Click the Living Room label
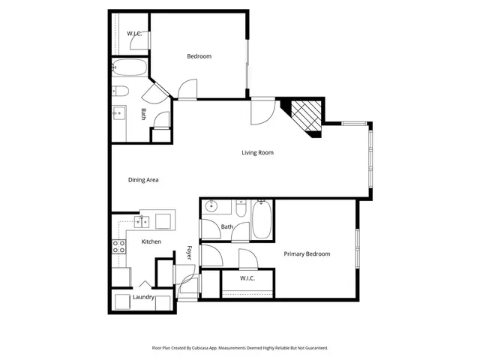(x=257, y=153)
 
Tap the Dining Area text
(x=142, y=180)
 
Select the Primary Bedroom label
(x=307, y=254)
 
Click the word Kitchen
(x=151, y=241)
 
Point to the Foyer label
(x=190, y=253)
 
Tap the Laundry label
(x=143, y=298)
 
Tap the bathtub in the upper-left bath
(x=130, y=70)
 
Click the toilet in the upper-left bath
(x=119, y=91)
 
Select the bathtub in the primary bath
(x=261, y=220)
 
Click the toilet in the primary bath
(x=241, y=208)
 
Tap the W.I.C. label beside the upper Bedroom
(x=134, y=34)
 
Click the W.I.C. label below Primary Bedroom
(x=248, y=279)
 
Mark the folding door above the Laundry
(x=143, y=284)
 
